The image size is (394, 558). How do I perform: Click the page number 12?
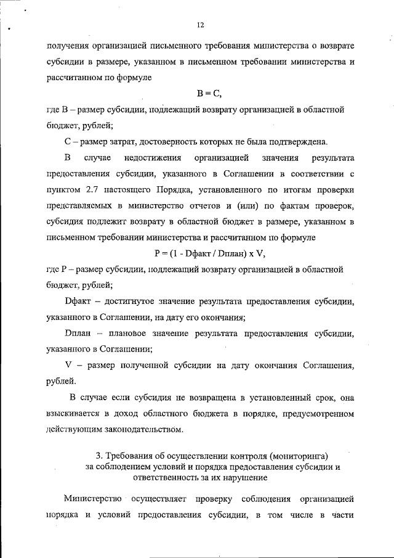(200, 25)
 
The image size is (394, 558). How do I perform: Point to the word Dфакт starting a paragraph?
(78, 302)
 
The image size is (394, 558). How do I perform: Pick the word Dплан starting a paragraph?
(78, 334)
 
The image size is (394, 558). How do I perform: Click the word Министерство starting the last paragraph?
(92, 498)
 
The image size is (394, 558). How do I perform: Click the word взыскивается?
(74, 412)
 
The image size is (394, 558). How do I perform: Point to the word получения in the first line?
(67, 46)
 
